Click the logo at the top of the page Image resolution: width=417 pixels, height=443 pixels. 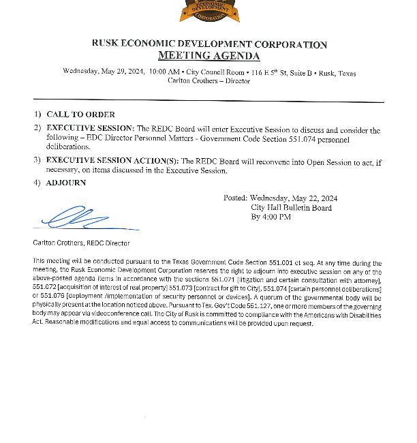point(208,10)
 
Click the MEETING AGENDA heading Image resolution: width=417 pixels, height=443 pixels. point(208,56)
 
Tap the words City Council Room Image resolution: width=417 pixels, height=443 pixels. point(213,72)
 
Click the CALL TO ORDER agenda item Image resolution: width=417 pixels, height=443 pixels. point(80,114)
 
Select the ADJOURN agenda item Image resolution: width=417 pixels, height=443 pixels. point(66,183)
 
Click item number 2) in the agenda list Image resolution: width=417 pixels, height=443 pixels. point(37,128)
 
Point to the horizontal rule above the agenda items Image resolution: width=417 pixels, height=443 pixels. point(208,102)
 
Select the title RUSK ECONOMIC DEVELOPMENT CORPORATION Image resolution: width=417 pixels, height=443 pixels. point(208,44)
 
